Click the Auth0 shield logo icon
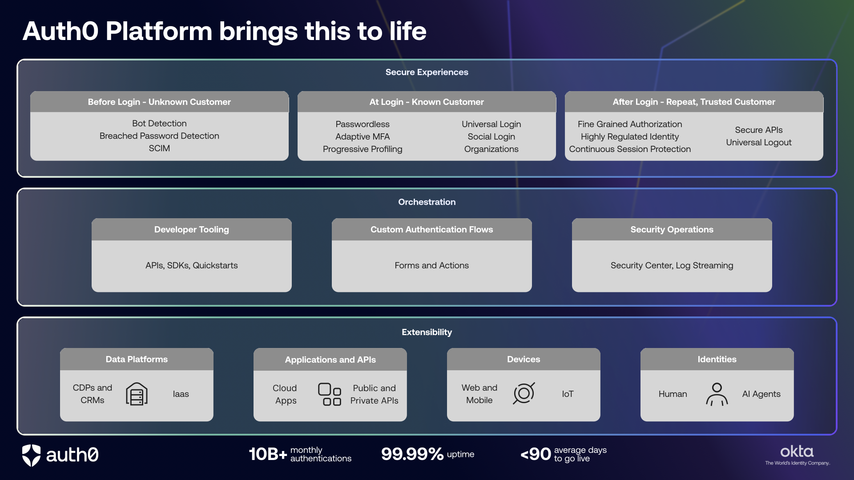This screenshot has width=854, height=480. tap(31, 455)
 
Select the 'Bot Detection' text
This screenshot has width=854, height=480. tap(159, 124)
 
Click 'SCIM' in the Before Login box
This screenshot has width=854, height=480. tap(159, 148)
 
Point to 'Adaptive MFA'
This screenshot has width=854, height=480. tap(363, 137)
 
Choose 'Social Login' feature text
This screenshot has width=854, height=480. tap(491, 137)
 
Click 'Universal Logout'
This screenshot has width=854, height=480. tap(759, 143)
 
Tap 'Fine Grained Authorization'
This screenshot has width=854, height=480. tap(630, 124)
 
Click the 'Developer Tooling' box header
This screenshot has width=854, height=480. tap(192, 229)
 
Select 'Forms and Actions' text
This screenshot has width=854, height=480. tap(431, 265)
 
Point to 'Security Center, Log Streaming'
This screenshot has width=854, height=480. tap(672, 265)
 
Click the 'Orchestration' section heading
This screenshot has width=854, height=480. tap(427, 202)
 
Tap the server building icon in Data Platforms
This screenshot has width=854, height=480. tap(137, 394)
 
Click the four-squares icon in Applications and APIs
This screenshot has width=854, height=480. tap(330, 394)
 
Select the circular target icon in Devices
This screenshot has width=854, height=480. tap(524, 393)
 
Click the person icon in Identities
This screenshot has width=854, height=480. tap(717, 394)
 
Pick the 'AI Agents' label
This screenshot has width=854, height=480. tap(761, 394)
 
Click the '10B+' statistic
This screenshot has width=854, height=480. tap(268, 454)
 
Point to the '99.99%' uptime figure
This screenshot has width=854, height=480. tap(412, 454)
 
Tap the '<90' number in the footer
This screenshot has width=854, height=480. tap(536, 454)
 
